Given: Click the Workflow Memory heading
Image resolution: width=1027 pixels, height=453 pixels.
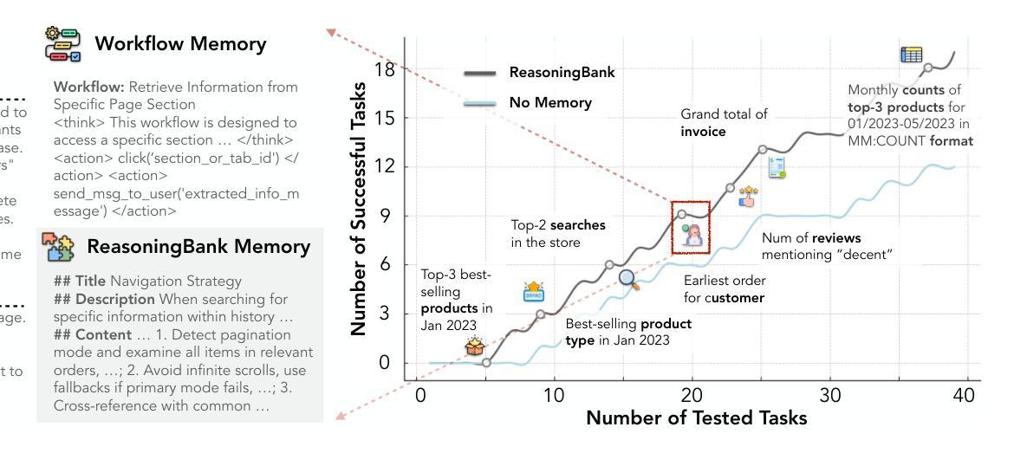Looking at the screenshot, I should (180, 44).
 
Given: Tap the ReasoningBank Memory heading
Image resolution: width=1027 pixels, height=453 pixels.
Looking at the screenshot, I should (198, 247).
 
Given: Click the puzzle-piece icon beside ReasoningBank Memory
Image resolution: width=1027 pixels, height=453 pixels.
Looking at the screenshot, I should (59, 247).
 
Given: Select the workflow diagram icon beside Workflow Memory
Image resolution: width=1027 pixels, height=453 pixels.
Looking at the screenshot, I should (62, 44).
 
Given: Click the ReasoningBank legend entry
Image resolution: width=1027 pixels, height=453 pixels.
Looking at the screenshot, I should (562, 73).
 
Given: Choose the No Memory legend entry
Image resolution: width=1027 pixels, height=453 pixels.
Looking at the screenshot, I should (550, 103).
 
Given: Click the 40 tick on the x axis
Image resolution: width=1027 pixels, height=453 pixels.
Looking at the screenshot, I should (964, 396).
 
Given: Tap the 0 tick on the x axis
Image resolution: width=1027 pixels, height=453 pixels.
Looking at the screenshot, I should (421, 396).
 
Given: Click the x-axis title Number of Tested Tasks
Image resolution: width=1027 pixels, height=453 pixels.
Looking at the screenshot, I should (696, 418).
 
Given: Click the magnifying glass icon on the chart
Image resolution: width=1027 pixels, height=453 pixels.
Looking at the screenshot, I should (628, 279).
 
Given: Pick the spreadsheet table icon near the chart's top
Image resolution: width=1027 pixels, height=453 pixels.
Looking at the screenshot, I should (911, 55).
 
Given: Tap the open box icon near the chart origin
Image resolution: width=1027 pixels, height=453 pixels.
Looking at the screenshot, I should (474, 346).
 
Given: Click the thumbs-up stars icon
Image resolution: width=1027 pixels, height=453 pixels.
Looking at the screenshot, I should (747, 196).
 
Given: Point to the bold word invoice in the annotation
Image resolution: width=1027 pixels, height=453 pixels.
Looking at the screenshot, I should (703, 132).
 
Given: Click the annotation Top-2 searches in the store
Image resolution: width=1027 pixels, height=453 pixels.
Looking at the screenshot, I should (558, 234).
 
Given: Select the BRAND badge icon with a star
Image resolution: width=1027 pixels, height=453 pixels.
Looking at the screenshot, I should (534, 291).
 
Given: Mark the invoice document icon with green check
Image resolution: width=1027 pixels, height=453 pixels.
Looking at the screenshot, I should (777, 168).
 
